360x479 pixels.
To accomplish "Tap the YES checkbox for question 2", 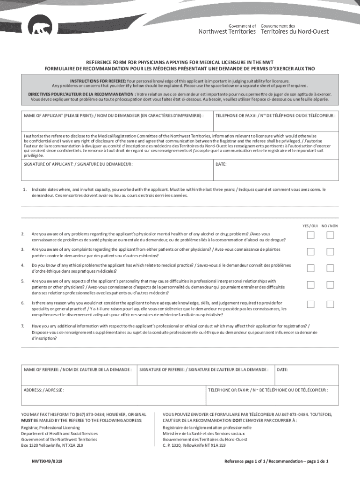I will pos(310,235).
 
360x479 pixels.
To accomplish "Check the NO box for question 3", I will pos(330,252).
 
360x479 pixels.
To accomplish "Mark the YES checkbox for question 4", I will pos(310,269).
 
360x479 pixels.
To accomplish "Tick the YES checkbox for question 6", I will pos(310,305).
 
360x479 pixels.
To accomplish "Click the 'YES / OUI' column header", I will pos(310,225).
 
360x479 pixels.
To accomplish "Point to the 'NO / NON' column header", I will pos(330,225).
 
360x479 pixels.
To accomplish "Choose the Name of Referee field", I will pos(79,376).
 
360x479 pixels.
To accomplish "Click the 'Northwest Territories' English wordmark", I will pos(227,31).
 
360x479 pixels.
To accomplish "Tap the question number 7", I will pos(23,326).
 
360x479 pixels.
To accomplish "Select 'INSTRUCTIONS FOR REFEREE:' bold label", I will pos(98,80).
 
